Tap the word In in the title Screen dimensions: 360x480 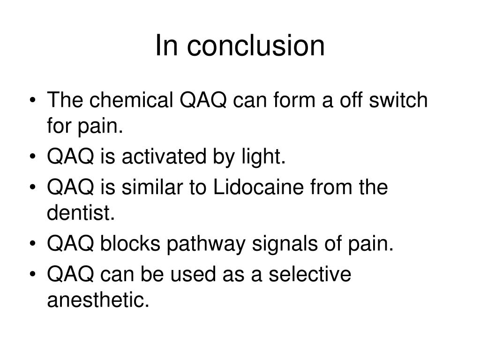tap(165, 46)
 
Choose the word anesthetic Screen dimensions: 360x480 tap(98, 300)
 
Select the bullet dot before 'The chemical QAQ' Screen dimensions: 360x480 tap(36, 101)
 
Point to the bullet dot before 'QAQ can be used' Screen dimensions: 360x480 tap(36, 274)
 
